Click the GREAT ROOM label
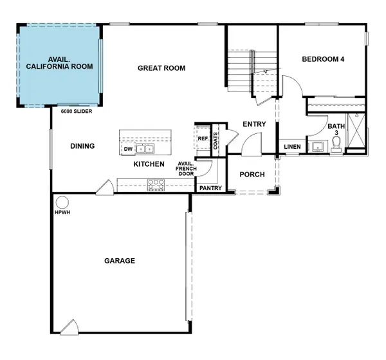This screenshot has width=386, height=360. click(x=161, y=68)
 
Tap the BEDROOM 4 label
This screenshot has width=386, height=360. click(x=324, y=60)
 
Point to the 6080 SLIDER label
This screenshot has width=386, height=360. click(x=77, y=111)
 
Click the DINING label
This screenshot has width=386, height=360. click(x=82, y=146)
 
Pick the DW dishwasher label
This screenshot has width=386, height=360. click(x=127, y=149)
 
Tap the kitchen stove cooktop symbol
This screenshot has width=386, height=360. click(x=156, y=185)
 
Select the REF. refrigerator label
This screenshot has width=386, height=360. click(x=203, y=138)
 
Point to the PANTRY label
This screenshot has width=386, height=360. click(x=210, y=189)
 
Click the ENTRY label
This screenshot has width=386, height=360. click(x=254, y=124)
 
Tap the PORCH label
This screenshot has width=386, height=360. click(x=252, y=175)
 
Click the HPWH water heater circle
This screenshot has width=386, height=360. click(x=62, y=202)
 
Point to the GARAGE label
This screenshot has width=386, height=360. click(x=120, y=261)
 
